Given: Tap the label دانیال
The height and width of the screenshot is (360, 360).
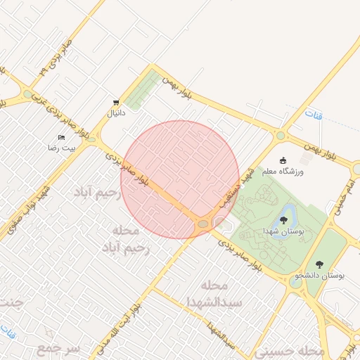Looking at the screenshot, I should [x=115, y=112].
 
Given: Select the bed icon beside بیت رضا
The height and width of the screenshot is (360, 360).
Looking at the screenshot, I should [x=61, y=137].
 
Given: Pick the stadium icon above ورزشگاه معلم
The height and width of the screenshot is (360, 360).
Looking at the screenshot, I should [x=283, y=160].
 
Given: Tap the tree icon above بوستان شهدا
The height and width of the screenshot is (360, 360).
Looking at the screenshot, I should [x=283, y=220].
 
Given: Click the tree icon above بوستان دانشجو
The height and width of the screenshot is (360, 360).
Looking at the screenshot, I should [x=319, y=264].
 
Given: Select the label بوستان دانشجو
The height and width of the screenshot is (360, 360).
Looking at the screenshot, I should [x=321, y=276].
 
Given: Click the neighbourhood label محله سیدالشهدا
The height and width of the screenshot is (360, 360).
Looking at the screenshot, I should [x=214, y=294].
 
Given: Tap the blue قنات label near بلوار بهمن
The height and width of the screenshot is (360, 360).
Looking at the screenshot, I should [x=314, y=113].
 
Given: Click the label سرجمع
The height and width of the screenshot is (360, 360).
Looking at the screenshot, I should [x=60, y=349].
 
